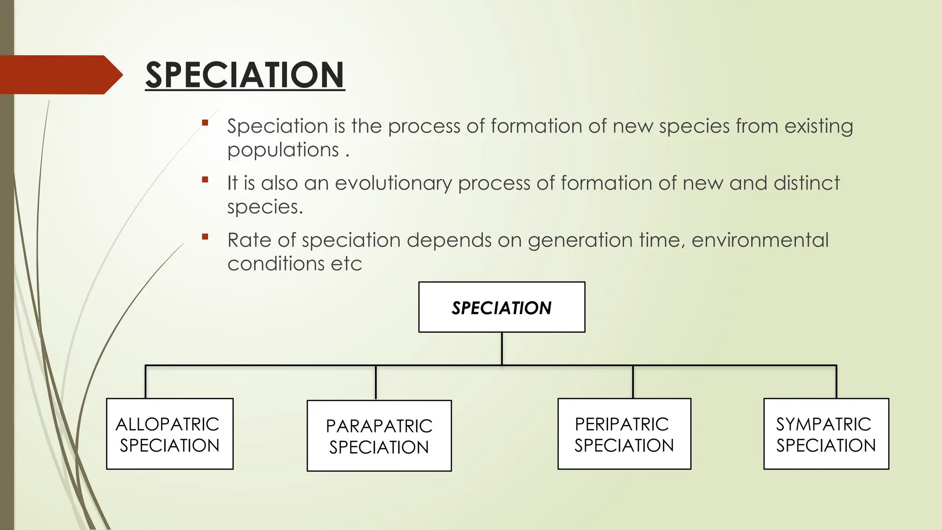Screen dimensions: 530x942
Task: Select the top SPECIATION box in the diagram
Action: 501,307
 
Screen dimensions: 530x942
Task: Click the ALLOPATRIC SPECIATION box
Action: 170,434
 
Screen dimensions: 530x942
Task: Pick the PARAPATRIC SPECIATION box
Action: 379,436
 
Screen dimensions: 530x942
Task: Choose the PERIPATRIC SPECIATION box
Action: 624,434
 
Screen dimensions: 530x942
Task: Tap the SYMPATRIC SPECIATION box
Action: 826,434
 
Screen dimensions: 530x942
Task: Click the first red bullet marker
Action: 205,123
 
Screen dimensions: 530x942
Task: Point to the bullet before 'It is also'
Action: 205,180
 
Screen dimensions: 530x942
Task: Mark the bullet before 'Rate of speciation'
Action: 205,237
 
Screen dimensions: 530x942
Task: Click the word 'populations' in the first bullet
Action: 283,150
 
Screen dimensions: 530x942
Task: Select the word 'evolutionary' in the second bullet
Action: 393,183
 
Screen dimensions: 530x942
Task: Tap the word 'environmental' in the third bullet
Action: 760,240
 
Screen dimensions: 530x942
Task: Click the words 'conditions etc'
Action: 294,264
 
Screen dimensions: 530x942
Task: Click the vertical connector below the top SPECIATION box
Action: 502,349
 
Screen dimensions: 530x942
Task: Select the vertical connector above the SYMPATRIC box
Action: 836,382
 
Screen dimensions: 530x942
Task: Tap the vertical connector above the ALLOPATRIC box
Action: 146,382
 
